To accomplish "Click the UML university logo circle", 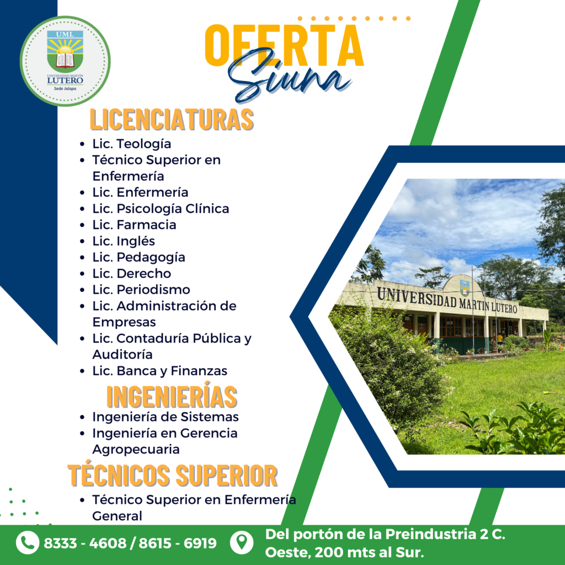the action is (x=65, y=61).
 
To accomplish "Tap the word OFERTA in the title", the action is (x=284, y=45).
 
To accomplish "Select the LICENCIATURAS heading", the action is (x=172, y=119).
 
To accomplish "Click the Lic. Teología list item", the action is (x=131, y=144).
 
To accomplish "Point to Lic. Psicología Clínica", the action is (x=161, y=209).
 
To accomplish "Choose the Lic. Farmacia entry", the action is (x=134, y=225).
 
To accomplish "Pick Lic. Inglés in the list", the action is (x=124, y=241).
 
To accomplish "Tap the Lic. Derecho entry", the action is (x=131, y=274).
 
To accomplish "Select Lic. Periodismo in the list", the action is (x=141, y=290).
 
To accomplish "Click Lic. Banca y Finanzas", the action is (x=159, y=371).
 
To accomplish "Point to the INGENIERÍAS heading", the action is (x=172, y=396).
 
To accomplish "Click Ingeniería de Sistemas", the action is (x=166, y=417).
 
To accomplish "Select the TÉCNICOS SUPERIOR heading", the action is (x=173, y=476).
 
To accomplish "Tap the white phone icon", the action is (x=28, y=542).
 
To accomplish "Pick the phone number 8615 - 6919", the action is (x=178, y=543).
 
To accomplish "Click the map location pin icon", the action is (x=242, y=542).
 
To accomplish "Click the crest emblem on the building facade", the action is (x=465, y=287).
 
